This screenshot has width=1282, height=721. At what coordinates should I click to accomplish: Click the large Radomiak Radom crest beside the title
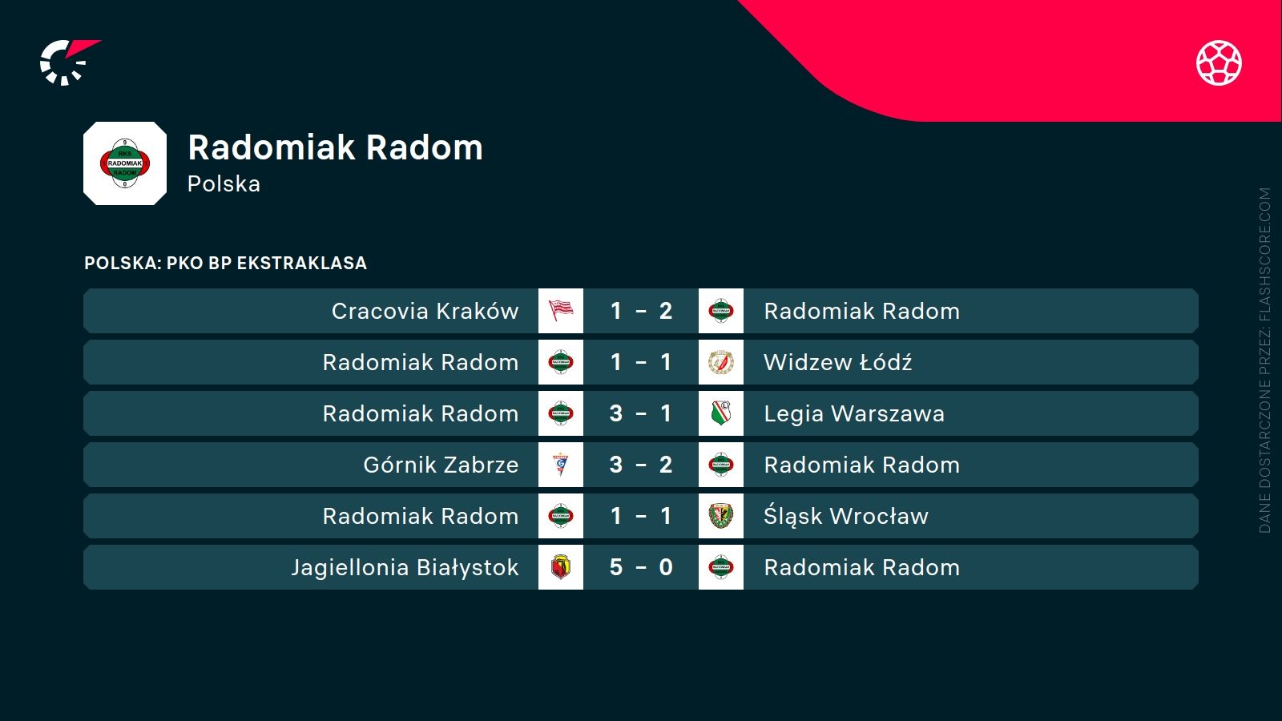(125, 163)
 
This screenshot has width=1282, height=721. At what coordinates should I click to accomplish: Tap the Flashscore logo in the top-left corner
(68, 62)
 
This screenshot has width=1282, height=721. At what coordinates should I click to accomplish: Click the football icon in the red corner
(1219, 62)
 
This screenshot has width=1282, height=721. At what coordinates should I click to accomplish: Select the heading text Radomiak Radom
(335, 147)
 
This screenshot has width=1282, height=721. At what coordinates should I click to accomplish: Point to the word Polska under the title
(224, 184)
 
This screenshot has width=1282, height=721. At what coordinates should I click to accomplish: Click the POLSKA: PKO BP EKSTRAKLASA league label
(225, 263)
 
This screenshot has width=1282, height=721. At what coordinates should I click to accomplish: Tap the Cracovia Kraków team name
(425, 311)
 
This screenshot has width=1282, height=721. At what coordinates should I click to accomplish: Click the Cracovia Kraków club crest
(561, 311)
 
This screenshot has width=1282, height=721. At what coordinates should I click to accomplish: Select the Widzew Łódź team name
(837, 362)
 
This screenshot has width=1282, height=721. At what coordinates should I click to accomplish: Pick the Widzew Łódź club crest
(721, 362)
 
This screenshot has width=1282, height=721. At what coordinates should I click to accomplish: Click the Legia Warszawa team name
(853, 413)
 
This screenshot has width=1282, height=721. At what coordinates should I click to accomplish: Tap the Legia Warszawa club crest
(721, 413)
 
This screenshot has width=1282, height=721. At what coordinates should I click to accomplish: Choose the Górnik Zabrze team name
(441, 465)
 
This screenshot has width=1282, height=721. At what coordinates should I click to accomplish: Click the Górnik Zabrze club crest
(561, 465)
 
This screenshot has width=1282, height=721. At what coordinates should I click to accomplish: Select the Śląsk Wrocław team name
(845, 516)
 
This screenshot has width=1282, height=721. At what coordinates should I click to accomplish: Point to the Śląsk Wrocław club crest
(721, 516)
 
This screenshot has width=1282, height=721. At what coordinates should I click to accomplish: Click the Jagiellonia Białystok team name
(405, 567)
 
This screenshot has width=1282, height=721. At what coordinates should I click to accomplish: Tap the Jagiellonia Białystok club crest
(561, 567)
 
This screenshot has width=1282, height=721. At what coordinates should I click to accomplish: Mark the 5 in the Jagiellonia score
(615, 567)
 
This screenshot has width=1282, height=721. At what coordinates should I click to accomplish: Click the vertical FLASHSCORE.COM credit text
(1264, 360)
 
